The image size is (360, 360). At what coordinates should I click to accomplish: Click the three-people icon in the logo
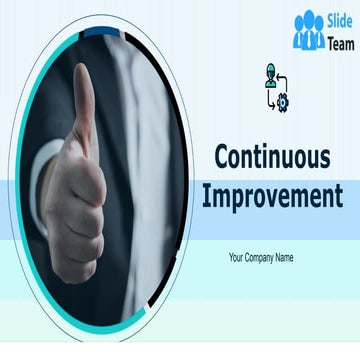(309, 31)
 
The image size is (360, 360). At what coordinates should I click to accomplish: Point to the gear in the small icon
(282, 101)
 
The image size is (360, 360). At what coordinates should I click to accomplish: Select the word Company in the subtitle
(260, 257)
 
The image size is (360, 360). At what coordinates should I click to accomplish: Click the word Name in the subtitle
(285, 257)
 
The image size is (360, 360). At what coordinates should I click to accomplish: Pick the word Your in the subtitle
(237, 257)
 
